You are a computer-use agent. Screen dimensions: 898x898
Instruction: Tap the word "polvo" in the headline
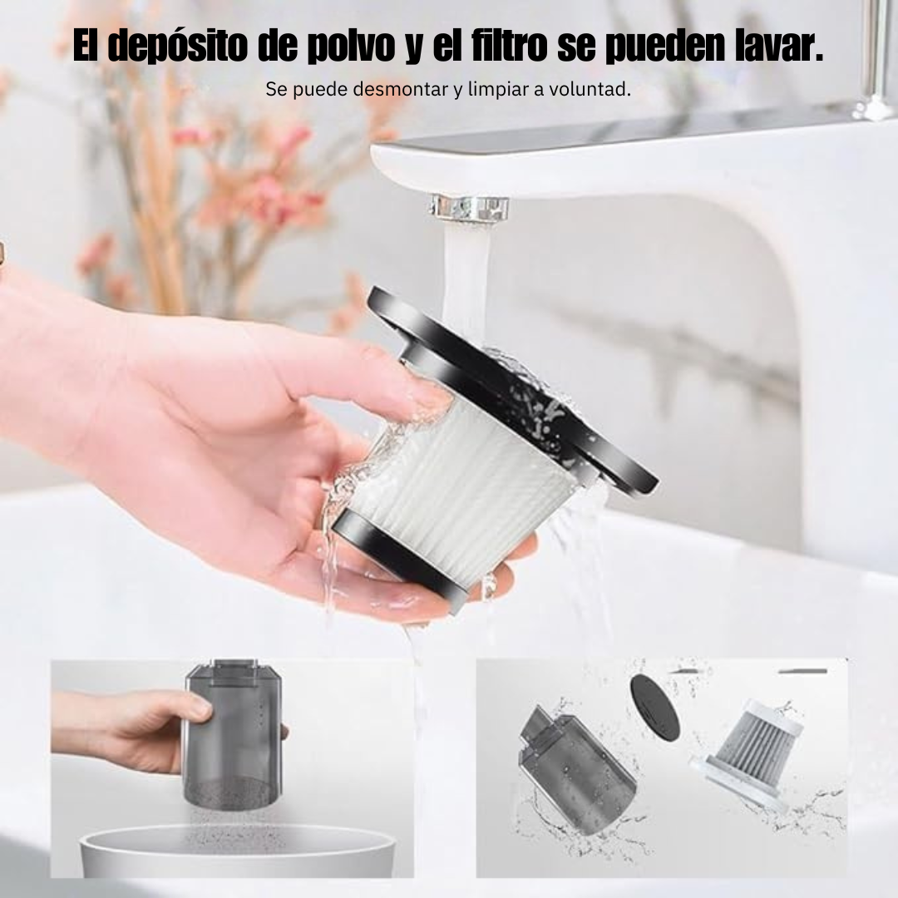click(x=352, y=45)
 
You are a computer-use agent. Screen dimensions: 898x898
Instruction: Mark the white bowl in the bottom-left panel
click(x=238, y=851)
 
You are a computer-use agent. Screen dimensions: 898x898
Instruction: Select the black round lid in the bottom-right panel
click(x=654, y=708)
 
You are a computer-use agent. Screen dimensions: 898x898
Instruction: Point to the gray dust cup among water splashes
click(x=575, y=767)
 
